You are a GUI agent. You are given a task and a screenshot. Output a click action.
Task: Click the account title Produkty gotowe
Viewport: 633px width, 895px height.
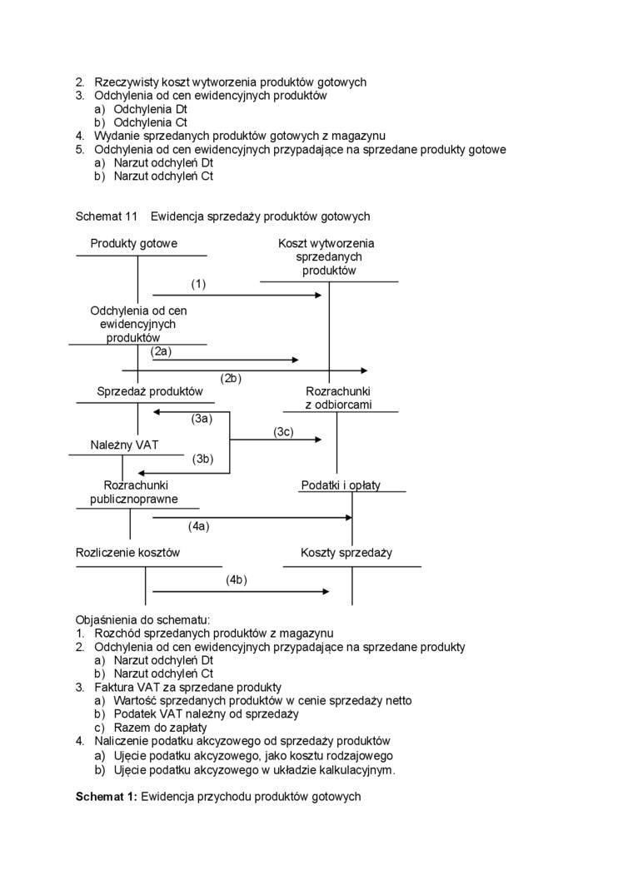[133, 243]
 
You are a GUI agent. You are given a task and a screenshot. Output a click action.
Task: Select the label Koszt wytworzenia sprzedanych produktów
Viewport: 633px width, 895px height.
[326, 256]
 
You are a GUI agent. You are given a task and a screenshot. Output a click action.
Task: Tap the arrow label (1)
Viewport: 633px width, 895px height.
[198, 284]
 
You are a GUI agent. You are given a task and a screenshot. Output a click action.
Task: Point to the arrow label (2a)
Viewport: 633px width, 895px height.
[161, 351]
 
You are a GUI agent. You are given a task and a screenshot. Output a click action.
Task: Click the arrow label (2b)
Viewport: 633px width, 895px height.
[231, 378]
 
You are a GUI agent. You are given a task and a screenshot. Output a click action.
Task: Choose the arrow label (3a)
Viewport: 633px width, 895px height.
[202, 419]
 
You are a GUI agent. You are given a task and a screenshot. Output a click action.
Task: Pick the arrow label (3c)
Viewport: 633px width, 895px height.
[283, 431]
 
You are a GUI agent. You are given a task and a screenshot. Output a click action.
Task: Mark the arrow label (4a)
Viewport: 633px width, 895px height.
[198, 525]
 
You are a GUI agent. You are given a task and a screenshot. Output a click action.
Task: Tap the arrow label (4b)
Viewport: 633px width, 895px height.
[237, 579]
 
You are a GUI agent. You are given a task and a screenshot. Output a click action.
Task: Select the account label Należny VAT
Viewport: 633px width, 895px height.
[124, 445]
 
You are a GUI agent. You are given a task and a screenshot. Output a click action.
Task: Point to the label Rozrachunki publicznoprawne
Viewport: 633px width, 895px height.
[133, 492]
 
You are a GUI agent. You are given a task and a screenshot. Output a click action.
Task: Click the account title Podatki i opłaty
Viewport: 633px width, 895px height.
[341, 485]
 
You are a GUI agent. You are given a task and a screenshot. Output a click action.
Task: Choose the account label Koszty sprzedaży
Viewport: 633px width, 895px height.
[346, 552]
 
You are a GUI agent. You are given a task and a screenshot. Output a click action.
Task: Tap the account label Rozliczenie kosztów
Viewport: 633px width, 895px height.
[127, 552]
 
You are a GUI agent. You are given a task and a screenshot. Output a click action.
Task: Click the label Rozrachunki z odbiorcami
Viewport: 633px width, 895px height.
[338, 398]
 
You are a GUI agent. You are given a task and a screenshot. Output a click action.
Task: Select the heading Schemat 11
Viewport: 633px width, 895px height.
[106, 216]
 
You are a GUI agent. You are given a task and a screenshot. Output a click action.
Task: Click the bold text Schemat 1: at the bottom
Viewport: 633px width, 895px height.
[107, 797]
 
